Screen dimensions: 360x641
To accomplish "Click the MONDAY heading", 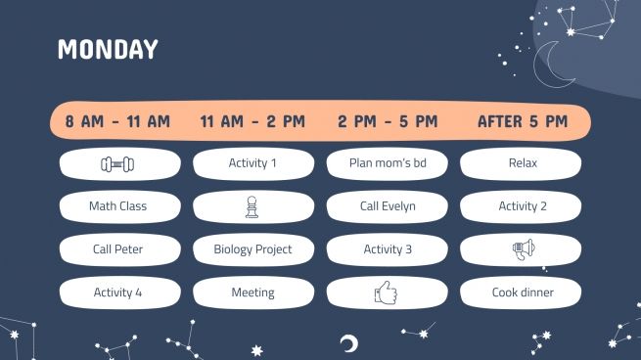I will (x=108, y=50).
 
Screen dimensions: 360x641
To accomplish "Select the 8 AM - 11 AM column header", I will (x=117, y=122).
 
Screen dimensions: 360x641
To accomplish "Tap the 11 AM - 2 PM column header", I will (x=252, y=122).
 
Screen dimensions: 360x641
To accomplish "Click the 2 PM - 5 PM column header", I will (x=388, y=122).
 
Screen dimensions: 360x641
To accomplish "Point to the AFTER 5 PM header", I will (x=523, y=122).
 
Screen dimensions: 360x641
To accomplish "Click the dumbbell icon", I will (x=117, y=163).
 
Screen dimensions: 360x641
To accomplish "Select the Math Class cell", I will (x=117, y=206).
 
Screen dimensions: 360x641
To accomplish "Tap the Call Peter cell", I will (x=117, y=249).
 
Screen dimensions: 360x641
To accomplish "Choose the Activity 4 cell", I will (x=117, y=292).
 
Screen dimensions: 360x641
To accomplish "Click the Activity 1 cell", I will (x=252, y=163).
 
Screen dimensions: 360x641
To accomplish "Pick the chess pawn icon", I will (x=252, y=206).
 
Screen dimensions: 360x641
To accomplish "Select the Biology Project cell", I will (x=252, y=249).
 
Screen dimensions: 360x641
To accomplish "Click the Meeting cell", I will (x=252, y=292).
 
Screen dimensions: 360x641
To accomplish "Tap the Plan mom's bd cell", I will (x=388, y=163).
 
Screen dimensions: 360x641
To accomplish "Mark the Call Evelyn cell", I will (x=388, y=206).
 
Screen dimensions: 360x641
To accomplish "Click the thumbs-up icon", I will (x=388, y=292).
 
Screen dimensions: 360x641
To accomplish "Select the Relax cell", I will (x=523, y=163).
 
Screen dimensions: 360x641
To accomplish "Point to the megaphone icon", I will (x=523, y=249).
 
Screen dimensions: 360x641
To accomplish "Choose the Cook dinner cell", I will (x=523, y=292).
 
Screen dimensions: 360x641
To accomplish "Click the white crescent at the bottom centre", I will (x=347, y=342).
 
